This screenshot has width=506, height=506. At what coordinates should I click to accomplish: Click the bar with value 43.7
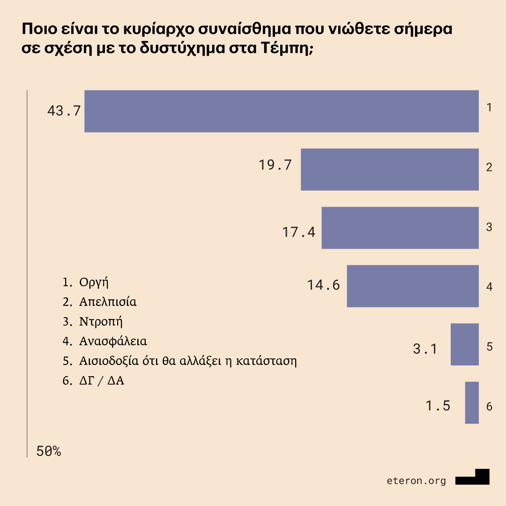[x=281, y=111]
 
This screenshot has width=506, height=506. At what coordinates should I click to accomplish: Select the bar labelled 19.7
[x=389, y=170]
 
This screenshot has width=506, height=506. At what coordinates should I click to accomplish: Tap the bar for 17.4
[x=400, y=228]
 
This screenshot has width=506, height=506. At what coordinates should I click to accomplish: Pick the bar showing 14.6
[x=412, y=286]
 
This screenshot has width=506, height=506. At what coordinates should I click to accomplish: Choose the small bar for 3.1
[x=464, y=344]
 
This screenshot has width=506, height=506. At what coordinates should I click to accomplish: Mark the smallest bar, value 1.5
[x=472, y=402]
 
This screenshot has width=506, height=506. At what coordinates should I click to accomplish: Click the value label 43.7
[x=64, y=111]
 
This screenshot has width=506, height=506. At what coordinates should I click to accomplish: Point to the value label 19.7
[x=275, y=165]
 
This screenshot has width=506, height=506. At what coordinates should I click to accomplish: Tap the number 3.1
[x=425, y=349]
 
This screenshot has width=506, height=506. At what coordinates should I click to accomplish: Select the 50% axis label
[x=48, y=451]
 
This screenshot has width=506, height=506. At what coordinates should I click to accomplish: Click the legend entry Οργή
[x=94, y=283]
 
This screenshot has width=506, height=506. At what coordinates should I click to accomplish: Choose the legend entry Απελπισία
[x=108, y=302]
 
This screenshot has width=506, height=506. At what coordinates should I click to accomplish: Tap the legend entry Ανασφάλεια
[x=113, y=341]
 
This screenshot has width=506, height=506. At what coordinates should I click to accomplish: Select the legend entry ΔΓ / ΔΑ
[x=101, y=381]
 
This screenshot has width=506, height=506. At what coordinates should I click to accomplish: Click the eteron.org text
[x=417, y=481]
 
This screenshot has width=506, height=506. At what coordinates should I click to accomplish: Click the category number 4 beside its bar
[x=489, y=286]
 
